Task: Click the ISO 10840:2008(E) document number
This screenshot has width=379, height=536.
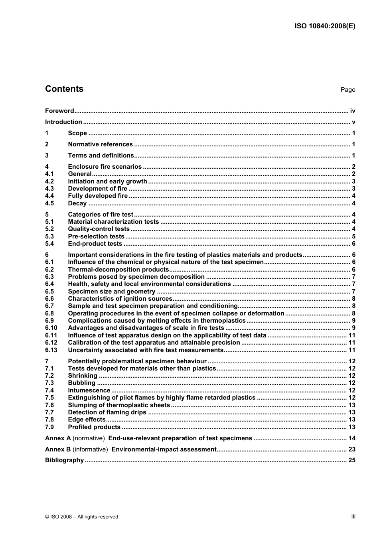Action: [325, 26]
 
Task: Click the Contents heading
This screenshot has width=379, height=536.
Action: [64, 89]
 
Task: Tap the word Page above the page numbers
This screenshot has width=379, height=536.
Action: [347, 90]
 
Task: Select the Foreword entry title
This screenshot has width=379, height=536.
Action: [59, 111]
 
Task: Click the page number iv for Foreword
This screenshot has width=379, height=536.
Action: [352, 111]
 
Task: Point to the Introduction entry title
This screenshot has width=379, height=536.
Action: [63, 122]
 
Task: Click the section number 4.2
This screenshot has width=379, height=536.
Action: [49, 181]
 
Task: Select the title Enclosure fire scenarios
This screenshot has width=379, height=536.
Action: [105, 167]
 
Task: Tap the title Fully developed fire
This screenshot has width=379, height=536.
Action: [98, 196]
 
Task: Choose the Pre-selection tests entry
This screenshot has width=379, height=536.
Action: [96, 236]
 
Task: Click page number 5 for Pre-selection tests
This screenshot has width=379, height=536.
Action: [353, 236]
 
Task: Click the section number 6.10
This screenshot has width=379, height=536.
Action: [51, 328]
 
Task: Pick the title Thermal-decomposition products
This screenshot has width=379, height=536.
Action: [118, 270]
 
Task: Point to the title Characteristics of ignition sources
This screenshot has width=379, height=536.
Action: [120, 299]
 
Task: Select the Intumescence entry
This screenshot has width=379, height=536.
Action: [89, 390]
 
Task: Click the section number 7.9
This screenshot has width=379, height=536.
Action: [49, 427]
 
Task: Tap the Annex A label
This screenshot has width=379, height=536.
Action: [58, 438]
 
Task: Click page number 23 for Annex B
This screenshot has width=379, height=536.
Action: [351, 449]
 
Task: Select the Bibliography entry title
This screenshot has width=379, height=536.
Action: [64, 460]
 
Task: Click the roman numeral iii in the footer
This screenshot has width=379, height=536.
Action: [353, 516]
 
